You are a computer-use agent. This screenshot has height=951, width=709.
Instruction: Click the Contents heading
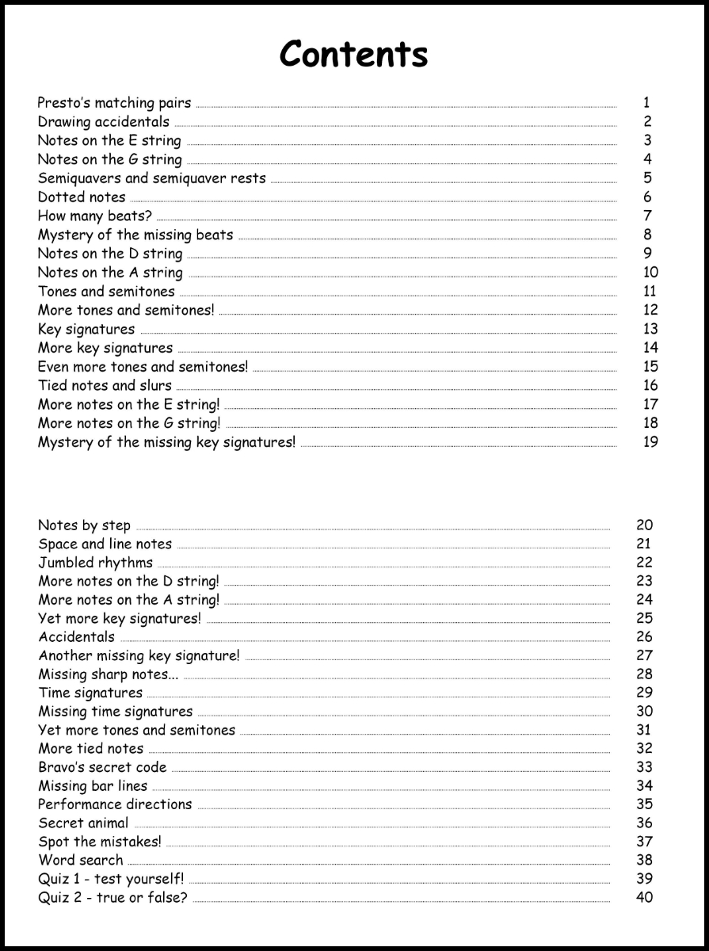pos(354,54)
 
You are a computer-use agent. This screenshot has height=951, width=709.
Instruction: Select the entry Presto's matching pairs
pos(114,103)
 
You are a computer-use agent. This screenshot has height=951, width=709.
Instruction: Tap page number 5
pos(647,178)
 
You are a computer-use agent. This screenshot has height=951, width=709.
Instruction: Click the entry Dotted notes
pos(82,197)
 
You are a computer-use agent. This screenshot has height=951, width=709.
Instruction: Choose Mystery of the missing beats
pos(135,235)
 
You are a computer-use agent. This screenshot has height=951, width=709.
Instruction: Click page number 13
pos(650,329)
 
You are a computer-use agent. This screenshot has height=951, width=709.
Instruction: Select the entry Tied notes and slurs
pos(105,386)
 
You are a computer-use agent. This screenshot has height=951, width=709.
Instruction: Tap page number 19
pos(650,442)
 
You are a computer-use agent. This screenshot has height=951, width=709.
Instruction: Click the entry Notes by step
pos(84,525)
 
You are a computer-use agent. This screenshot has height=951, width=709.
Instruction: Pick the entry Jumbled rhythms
pos(95,563)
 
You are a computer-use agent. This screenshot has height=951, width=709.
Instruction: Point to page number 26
pos(644,637)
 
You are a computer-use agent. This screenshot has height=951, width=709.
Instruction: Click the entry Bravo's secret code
pos(102,767)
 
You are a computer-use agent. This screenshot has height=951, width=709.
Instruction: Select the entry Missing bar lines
pos(93,786)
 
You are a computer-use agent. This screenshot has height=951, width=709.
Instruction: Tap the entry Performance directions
pos(115,804)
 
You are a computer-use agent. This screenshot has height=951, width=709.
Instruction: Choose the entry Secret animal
pos(83,823)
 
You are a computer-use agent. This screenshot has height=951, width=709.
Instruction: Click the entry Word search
pos(80,861)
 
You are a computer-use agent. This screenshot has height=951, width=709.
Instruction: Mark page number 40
pos(644,898)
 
